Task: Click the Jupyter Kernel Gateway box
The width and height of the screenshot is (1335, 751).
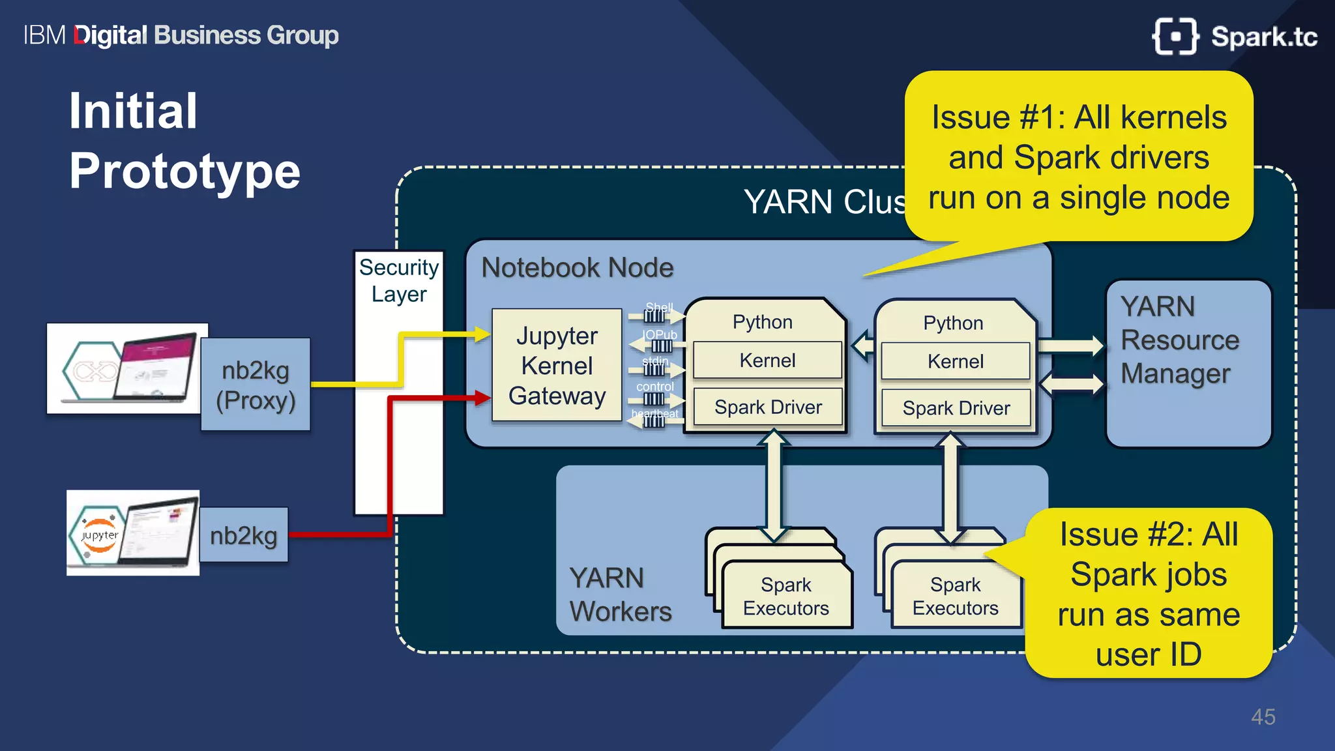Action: (557, 366)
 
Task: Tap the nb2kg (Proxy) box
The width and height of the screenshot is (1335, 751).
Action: (256, 385)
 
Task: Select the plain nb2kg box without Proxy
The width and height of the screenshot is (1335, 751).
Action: (243, 535)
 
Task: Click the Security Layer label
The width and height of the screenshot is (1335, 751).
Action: (399, 280)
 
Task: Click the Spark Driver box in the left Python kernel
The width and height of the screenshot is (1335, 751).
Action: (768, 407)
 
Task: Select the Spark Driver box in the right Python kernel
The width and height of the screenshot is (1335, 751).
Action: (956, 409)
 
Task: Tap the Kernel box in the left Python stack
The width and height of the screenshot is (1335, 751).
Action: (767, 361)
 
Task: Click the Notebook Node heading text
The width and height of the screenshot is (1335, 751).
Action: (577, 268)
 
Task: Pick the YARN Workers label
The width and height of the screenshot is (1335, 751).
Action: (619, 595)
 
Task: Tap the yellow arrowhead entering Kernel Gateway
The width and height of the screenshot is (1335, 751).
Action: (482, 335)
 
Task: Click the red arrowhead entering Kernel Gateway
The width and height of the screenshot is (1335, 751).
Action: (482, 398)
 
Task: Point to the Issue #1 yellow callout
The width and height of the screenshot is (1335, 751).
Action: (1078, 157)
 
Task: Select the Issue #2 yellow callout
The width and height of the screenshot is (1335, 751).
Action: (1148, 594)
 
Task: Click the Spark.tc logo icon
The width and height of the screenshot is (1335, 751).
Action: (1175, 37)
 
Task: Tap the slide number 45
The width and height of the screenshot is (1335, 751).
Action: (1263, 717)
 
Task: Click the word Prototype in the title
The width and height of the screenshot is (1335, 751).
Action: (184, 171)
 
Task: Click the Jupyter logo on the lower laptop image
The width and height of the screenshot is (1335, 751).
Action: (99, 535)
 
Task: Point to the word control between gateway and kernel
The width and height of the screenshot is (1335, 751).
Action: (654, 387)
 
